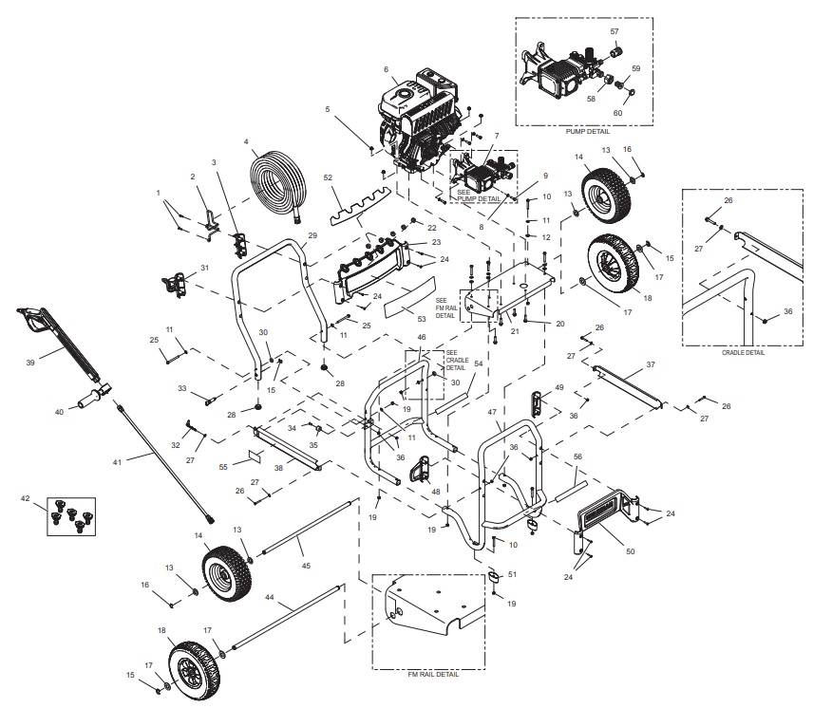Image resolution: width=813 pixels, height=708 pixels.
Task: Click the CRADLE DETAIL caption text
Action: (742, 352)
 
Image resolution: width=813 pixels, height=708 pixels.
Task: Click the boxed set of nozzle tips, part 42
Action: (72, 512)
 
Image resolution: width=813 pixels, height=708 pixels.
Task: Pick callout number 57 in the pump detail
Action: (614, 31)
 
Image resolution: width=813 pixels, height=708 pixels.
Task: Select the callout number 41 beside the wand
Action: (118, 461)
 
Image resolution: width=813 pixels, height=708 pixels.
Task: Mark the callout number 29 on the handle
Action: (312, 234)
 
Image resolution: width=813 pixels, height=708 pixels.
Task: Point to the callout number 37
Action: (651, 364)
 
